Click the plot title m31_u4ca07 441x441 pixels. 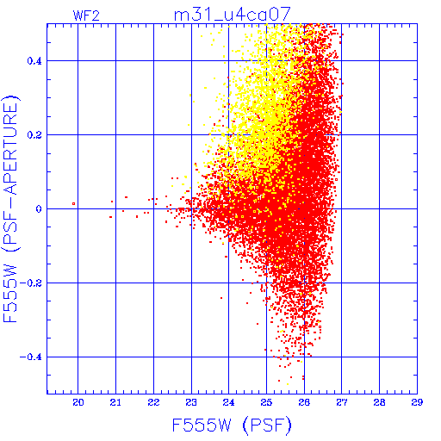click(233, 15)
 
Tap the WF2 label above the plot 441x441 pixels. click(86, 16)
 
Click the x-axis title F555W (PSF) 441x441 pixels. click(232, 425)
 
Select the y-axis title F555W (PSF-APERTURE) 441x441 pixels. click(11, 208)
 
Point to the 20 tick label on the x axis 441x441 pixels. click(78, 402)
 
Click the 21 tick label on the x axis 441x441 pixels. click(115, 402)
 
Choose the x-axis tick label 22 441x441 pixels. click(153, 402)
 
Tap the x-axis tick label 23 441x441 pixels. click(191, 402)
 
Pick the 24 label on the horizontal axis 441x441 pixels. click(228, 402)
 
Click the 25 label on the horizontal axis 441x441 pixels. click(266, 402)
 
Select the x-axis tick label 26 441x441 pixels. click(304, 402)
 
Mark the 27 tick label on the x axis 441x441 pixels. click(342, 402)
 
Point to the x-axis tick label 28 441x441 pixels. click(379, 402)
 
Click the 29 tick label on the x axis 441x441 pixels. click(417, 402)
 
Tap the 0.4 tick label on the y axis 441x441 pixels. click(34, 61)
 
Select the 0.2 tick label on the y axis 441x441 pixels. click(34, 135)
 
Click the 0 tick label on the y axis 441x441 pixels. click(39, 209)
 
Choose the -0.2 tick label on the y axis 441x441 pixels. click(31, 283)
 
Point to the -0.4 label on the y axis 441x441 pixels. click(31, 357)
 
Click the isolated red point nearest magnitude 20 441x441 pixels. click(74, 203)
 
